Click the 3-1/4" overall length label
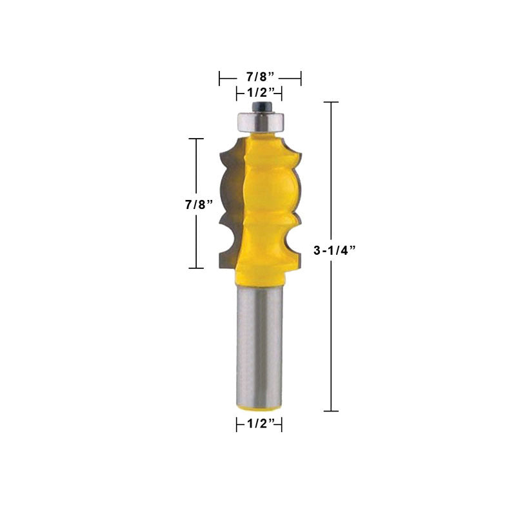[x=334, y=250]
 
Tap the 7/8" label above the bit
[x=261, y=77]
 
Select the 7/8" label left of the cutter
[x=199, y=204]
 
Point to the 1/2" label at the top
[x=261, y=93]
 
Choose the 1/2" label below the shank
[x=261, y=424]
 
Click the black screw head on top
[x=260, y=106]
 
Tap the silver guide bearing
[x=261, y=122]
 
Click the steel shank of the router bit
[x=259, y=346]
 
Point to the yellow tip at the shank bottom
[x=260, y=408]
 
